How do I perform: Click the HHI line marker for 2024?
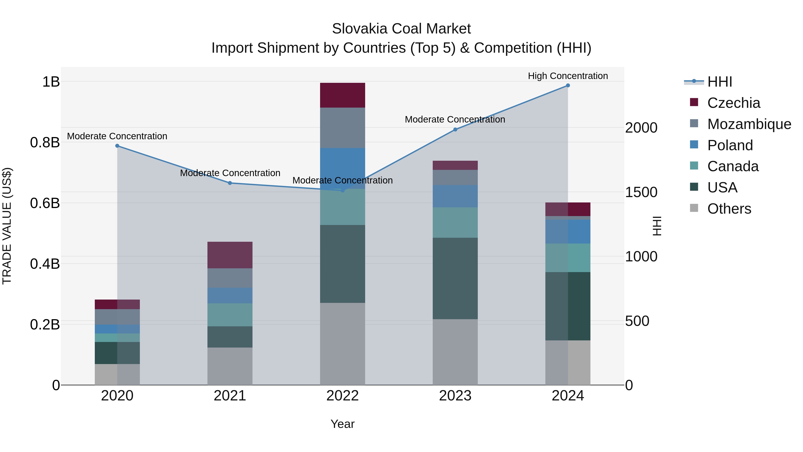tap(568, 85)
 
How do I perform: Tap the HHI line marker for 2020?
tap(117, 146)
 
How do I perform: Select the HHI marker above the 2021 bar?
tap(230, 183)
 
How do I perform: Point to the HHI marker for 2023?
tap(455, 129)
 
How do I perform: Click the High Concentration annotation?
tap(568, 76)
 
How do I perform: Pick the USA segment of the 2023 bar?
tap(455, 278)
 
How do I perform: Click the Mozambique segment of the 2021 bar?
tap(230, 278)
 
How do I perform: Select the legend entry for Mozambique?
tap(749, 124)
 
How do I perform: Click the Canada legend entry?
tap(733, 166)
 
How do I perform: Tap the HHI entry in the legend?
tap(719, 82)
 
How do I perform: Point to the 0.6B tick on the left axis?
tap(45, 203)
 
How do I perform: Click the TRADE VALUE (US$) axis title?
tap(7, 226)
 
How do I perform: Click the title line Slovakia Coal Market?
tap(401, 29)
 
